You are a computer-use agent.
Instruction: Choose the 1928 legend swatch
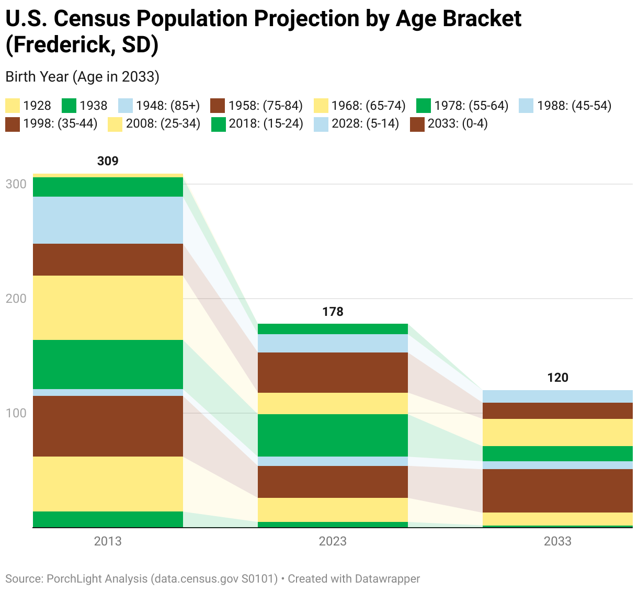tap(13, 106)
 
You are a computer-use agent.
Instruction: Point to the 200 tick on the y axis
tap(15, 299)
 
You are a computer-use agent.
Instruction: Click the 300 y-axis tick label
tap(15, 184)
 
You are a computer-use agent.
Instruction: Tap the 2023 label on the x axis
tap(333, 541)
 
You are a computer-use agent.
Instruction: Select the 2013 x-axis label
tap(108, 541)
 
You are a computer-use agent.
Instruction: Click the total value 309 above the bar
tap(108, 161)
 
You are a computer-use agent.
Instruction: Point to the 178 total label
tap(333, 312)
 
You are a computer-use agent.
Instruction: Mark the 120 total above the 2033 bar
tap(557, 378)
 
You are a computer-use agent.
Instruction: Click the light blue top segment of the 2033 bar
tap(557, 396)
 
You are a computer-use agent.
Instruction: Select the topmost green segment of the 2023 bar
tap(333, 329)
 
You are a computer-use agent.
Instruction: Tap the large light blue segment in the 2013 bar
tap(108, 220)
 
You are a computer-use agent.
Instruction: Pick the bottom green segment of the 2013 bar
tap(108, 519)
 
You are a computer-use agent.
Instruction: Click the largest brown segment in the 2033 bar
tap(557, 491)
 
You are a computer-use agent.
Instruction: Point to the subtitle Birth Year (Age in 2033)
tap(82, 77)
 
